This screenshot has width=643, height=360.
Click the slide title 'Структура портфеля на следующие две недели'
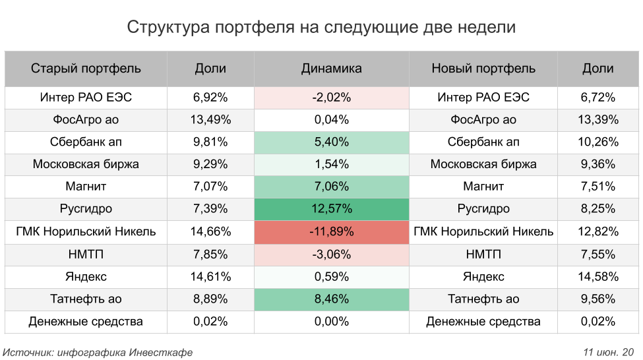coord(321,28)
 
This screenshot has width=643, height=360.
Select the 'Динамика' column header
coord(331,69)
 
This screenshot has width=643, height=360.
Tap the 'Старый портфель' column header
coord(86,69)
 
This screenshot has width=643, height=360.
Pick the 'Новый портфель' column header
coord(483,69)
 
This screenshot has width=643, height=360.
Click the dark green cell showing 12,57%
coord(331,210)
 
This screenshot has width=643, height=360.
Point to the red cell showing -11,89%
coord(331,232)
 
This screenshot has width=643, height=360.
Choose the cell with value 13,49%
coord(210,120)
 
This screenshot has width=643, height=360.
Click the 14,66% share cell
coord(210,232)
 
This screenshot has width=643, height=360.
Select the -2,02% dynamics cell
coord(331,98)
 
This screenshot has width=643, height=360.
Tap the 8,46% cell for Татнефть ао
coord(331,299)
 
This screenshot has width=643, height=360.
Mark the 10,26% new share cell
coord(598,142)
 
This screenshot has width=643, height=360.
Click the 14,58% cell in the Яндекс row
coord(598,277)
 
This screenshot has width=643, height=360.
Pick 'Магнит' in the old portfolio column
coord(86,187)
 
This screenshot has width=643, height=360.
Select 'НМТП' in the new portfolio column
coord(483,255)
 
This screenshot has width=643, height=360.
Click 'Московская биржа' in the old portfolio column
coord(86,165)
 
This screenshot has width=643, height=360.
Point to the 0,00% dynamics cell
coord(331,322)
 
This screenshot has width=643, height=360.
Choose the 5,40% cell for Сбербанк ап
coord(331,142)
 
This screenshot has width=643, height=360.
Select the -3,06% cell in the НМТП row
coord(331,255)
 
